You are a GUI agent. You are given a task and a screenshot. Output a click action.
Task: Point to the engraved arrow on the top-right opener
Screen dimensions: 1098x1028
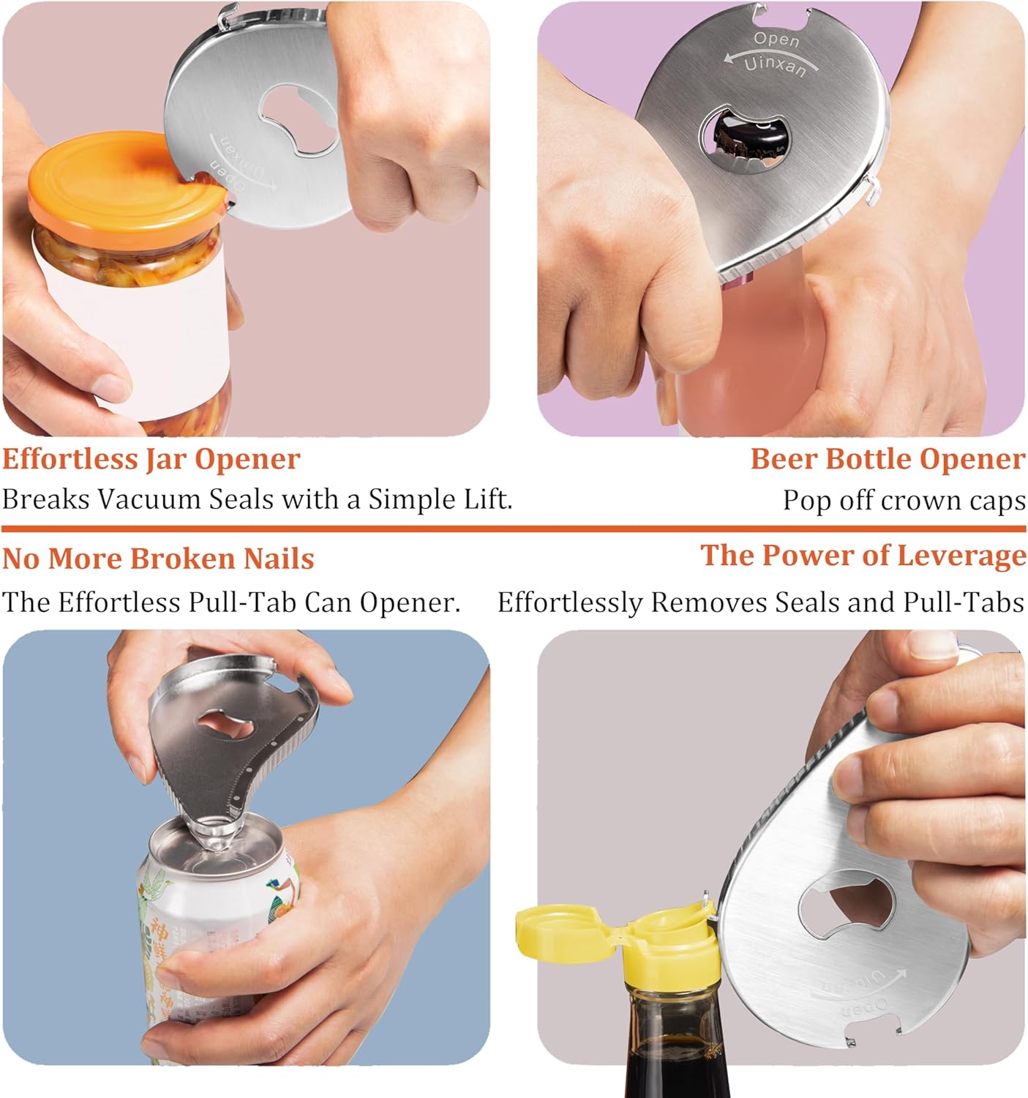click(761, 52)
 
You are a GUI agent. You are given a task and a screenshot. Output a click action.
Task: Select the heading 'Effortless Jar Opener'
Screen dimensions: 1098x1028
click(151, 459)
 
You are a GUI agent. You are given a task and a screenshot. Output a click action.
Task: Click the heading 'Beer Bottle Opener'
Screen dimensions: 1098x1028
click(888, 459)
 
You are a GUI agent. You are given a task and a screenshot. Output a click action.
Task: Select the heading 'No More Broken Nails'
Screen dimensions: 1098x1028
click(158, 559)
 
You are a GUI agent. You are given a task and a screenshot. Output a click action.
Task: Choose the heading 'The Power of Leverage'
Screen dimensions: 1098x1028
click(863, 556)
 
